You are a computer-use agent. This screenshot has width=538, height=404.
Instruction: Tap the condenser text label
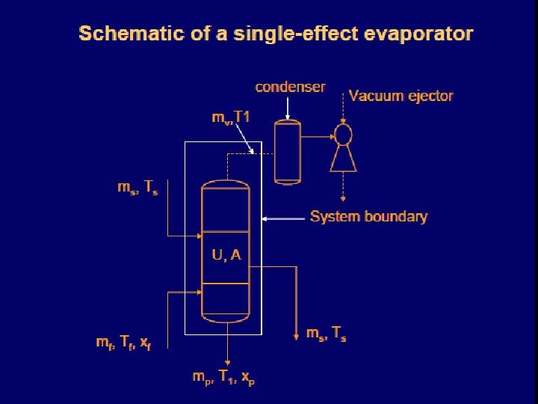pyautogui.click(x=290, y=87)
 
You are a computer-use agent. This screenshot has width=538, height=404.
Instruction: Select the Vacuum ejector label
pyautogui.click(x=401, y=96)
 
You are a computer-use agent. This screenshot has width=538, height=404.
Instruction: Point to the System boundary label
pyautogui.click(x=368, y=217)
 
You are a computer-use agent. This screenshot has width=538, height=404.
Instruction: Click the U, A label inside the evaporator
pyautogui.click(x=226, y=255)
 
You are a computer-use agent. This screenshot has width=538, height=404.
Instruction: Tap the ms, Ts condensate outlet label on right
pyautogui.click(x=326, y=334)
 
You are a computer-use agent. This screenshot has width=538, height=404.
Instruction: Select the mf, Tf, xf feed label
pyautogui.click(x=123, y=343)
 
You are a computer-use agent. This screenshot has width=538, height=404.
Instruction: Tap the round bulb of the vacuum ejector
pyautogui.click(x=343, y=135)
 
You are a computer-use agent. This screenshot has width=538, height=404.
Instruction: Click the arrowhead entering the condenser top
pyautogui.click(x=287, y=117)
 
